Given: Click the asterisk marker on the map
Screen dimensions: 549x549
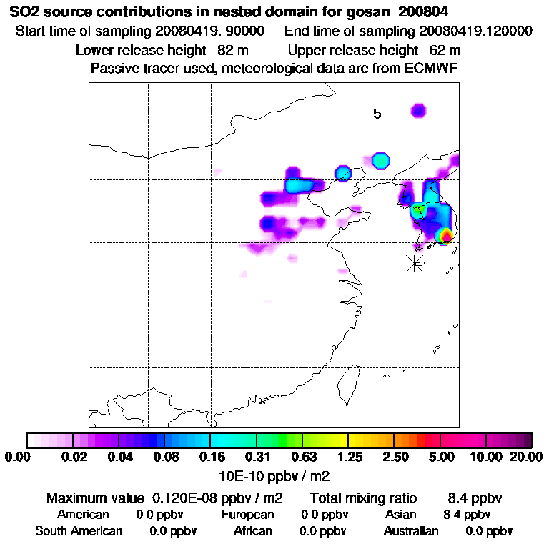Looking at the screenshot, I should tap(415, 263).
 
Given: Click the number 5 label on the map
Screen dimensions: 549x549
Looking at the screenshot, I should tap(377, 114).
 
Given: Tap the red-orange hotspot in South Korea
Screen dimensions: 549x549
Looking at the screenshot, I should tap(446, 235).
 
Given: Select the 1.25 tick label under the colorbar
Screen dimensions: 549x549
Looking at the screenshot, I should tap(348, 457).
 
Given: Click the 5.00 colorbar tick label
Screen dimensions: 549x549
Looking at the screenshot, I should tap(442, 457).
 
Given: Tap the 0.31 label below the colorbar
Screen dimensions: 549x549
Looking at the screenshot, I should tap(257, 457).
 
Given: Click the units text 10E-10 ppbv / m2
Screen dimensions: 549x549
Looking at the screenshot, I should tap(274, 475).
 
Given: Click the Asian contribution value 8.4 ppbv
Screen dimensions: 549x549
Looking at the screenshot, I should tap(467, 515).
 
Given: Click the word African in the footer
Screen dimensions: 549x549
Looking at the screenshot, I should tap(252, 531).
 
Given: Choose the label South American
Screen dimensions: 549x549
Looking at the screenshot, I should tap(79, 531).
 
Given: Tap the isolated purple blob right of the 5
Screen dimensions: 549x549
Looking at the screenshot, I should tap(418, 109).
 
